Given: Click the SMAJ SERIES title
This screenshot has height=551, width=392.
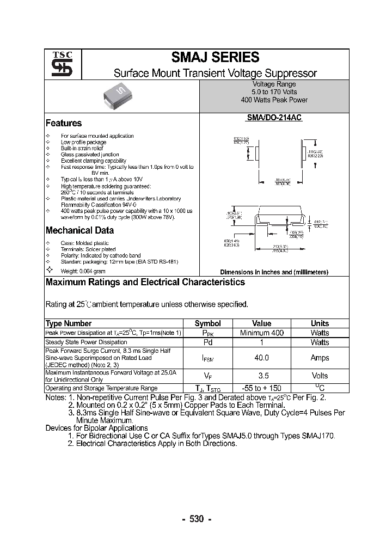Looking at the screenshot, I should [x=215, y=57].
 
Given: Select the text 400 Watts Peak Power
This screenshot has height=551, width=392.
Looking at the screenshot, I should [x=274, y=100].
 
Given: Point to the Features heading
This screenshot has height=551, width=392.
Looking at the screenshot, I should [x=64, y=123].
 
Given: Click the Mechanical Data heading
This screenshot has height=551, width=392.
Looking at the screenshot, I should [x=79, y=230].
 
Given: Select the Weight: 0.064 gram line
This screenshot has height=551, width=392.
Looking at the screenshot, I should [x=83, y=271].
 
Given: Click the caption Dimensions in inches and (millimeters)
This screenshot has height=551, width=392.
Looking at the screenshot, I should [x=274, y=272].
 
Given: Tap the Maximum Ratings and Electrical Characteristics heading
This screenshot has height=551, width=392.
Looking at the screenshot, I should [x=145, y=282].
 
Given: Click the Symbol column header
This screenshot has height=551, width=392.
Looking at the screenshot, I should [x=207, y=323].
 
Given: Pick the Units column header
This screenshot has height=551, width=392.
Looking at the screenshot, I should [x=320, y=323].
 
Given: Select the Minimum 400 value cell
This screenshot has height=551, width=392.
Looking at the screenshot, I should [x=261, y=333].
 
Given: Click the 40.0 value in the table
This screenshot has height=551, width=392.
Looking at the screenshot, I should [x=261, y=358].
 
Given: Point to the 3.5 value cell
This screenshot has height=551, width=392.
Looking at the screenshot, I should [x=261, y=376].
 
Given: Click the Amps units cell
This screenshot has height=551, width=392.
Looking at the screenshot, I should [x=320, y=358].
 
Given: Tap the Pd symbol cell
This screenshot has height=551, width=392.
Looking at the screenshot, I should [x=207, y=342].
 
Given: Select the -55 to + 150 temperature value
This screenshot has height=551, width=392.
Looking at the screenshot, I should [x=261, y=388].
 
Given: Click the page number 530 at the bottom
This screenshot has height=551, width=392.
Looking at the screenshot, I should [x=196, y=519].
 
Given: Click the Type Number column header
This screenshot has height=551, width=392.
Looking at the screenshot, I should [x=69, y=323].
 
